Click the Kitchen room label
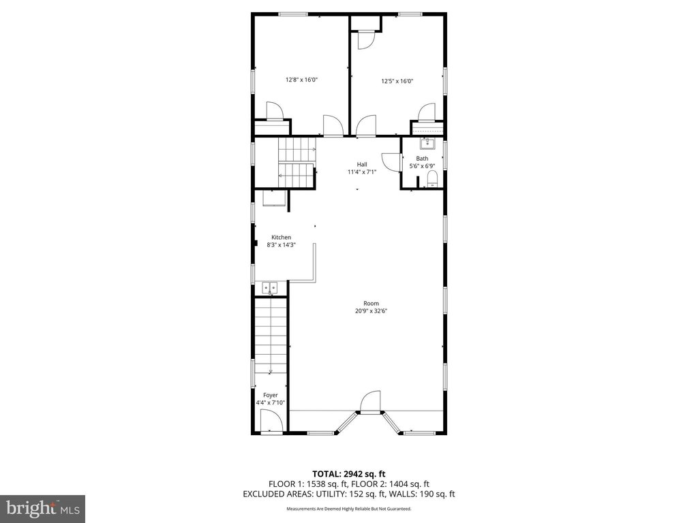(x=282, y=238)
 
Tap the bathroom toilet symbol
(x=431, y=180)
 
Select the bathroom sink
(x=427, y=144)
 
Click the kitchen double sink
(x=269, y=288)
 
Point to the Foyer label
(x=270, y=395)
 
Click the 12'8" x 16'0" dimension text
(x=301, y=80)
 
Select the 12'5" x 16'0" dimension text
(x=397, y=81)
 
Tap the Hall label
(x=362, y=165)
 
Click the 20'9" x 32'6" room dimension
(x=371, y=311)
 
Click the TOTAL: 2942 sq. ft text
(x=348, y=474)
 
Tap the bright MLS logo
(x=43, y=507)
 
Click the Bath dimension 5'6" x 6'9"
(x=422, y=166)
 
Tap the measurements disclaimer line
(x=348, y=509)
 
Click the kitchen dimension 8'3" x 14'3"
(x=282, y=244)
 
